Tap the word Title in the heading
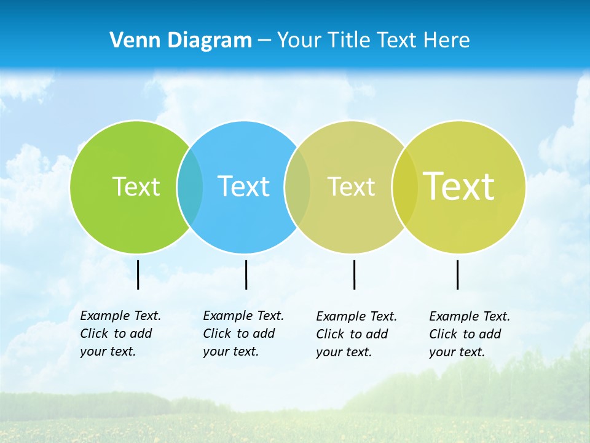point(350,40)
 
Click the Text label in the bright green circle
point(136,186)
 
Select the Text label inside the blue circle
point(243,186)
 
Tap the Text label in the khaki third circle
point(351,186)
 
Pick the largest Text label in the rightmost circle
point(459,186)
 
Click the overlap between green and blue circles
point(190,186)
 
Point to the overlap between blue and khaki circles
point(297,186)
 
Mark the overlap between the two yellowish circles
point(405,186)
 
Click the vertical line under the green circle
point(138,274)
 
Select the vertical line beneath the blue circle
point(246,274)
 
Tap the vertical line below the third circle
point(354,274)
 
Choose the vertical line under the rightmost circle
point(457,274)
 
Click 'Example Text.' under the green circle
point(120,316)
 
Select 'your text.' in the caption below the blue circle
point(230,351)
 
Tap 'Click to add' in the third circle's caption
point(352,334)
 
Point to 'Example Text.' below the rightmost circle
point(470,316)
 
